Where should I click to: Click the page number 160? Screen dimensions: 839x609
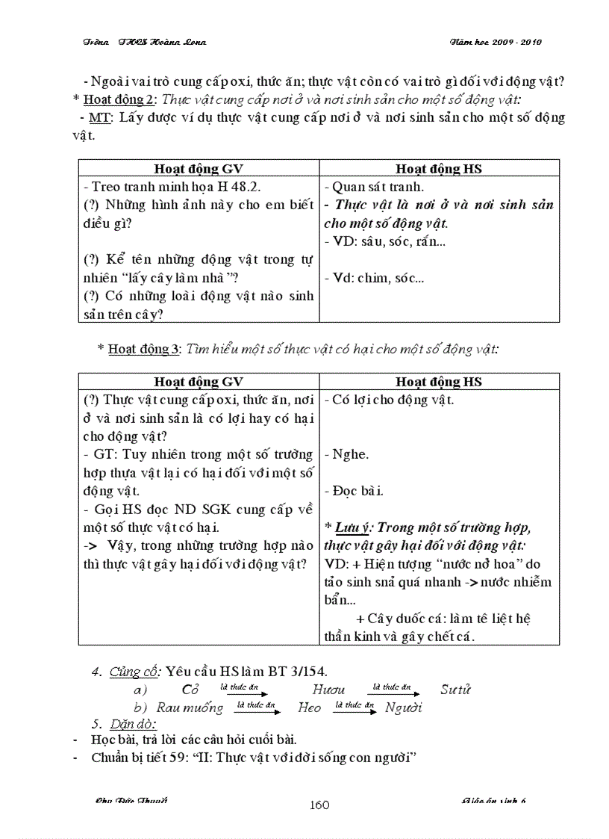coord(319,805)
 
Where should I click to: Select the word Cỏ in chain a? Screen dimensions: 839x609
coord(190,690)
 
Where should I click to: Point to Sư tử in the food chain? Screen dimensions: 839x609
coord(455,690)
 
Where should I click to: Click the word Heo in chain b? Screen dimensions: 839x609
coord(309,708)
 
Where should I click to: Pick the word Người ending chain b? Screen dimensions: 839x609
coord(404,708)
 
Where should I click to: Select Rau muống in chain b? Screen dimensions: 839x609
coord(190,708)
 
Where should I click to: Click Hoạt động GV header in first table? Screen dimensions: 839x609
coord(199,169)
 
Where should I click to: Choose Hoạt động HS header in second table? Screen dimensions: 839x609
coord(439,382)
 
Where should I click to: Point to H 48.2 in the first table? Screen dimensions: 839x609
coord(237,188)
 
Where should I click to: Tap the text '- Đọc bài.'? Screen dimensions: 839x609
coord(354,491)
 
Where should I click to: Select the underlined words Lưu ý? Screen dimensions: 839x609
coord(355,527)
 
